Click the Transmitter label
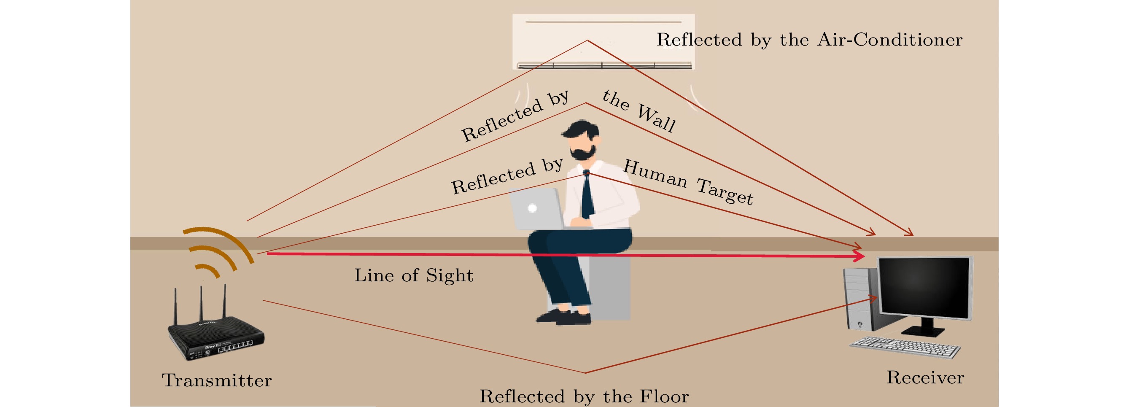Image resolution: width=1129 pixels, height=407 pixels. coord(217,380)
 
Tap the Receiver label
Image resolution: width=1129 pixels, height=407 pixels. coord(925,377)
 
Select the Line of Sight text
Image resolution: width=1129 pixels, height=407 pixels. coord(414,275)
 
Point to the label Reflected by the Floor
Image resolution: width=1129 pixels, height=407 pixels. coord(584,396)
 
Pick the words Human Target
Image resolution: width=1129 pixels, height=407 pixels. coord(688,182)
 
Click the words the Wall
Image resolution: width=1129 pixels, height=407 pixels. coord(639,111)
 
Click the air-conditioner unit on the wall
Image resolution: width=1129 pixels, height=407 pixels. coord(604,42)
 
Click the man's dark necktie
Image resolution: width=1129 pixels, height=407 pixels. coord(587,196)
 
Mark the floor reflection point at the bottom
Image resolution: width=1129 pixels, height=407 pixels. coord(585,373)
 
